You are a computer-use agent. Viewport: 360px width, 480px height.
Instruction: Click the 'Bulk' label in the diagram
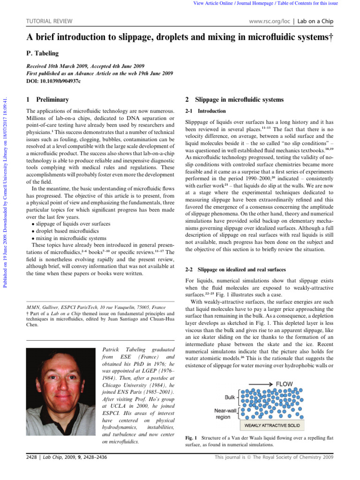tap(230, 397)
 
